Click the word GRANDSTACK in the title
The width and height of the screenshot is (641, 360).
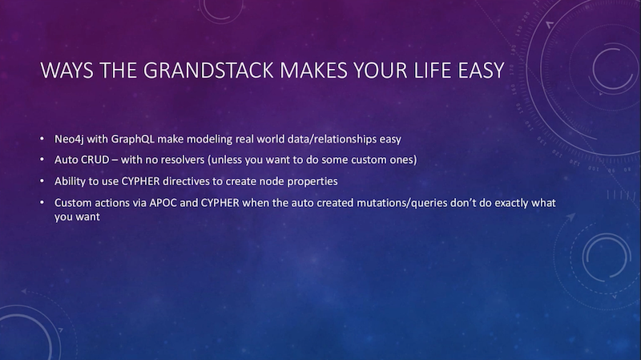pos(208,70)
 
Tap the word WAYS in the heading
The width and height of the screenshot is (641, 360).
pos(67,70)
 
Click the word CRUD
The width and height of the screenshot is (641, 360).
pos(93,160)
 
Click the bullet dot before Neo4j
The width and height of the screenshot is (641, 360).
pos(42,139)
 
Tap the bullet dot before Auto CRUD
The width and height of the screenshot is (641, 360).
pos(42,160)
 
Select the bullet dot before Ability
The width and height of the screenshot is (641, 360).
pos(42,181)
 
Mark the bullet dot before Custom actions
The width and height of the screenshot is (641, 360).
pos(42,203)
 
